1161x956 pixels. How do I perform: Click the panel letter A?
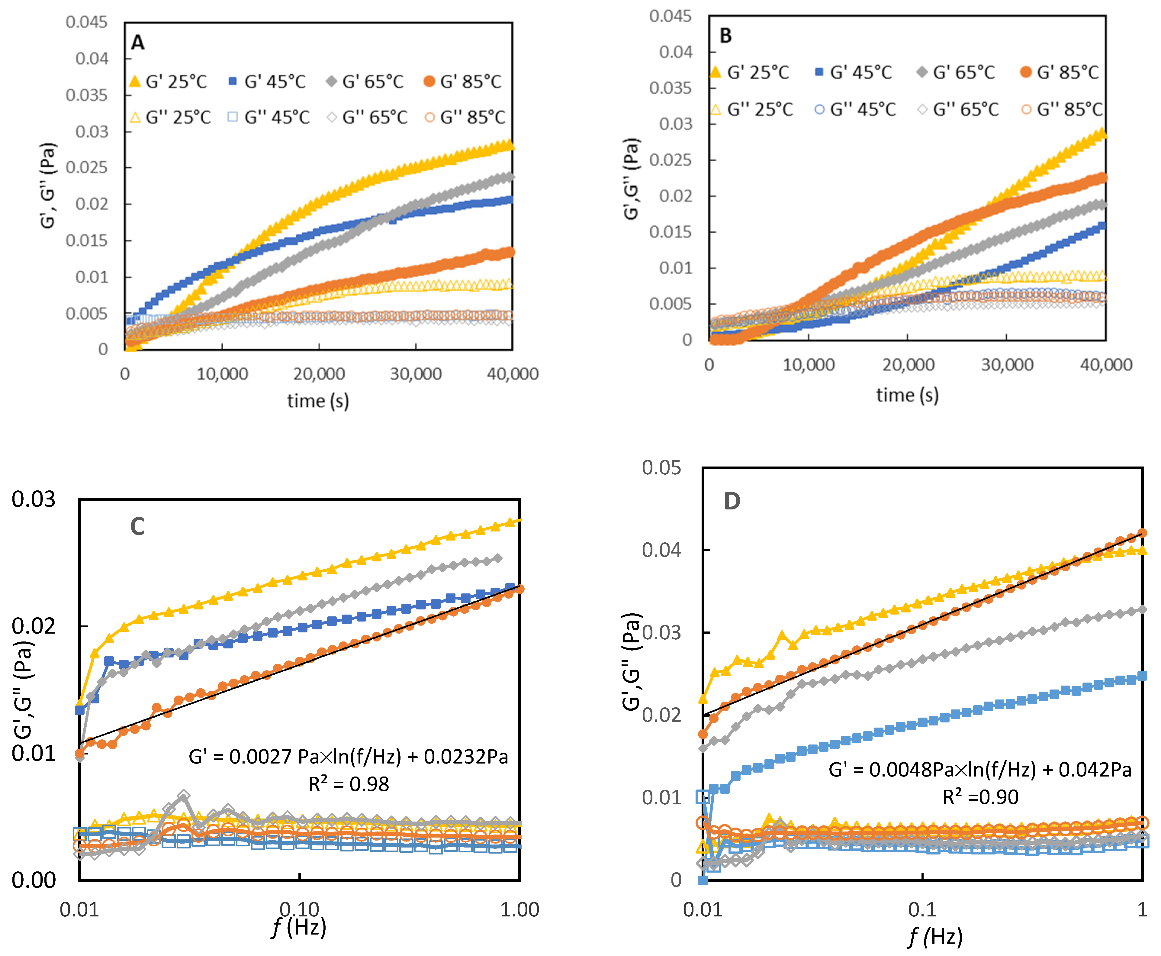[138, 42]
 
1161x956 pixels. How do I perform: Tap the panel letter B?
[725, 36]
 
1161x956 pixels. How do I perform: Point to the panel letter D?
[732, 501]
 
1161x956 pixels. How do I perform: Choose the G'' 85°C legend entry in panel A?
[465, 117]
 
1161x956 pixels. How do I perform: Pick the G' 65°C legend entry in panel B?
[956, 72]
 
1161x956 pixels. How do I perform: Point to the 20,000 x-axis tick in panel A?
[319, 374]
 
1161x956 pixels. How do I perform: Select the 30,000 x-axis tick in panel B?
[1007, 365]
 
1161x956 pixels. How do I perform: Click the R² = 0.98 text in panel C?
[349, 784]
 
